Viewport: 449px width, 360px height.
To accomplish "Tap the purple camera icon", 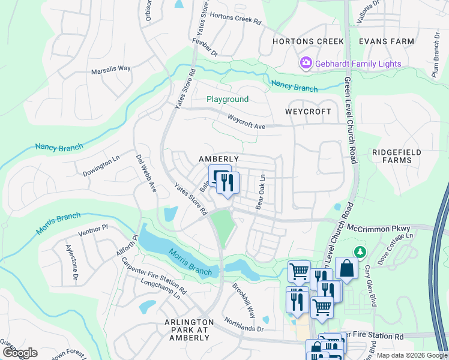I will tap(306, 62).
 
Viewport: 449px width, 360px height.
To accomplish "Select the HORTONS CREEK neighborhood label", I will tap(308, 41).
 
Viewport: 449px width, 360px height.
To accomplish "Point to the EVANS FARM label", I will tap(386, 41).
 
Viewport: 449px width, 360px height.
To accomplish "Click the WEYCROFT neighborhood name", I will tap(308, 112).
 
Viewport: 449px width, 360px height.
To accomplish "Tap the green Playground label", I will tap(227, 99).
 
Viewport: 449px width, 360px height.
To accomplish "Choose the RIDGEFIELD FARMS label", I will tap(393, 156).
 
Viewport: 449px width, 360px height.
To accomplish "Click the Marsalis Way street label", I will tap(110, 68).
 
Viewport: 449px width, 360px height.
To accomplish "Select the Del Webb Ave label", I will tap(146, 173).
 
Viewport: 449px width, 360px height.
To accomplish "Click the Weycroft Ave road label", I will tap(246, 121).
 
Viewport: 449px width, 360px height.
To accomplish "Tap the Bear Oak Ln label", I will tap(261, 192).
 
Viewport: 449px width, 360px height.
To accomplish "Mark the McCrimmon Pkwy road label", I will tap(382, 229).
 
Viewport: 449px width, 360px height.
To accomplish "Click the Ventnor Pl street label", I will tap(92, 228).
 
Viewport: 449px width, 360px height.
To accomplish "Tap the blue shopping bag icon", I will tap(346, 269).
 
